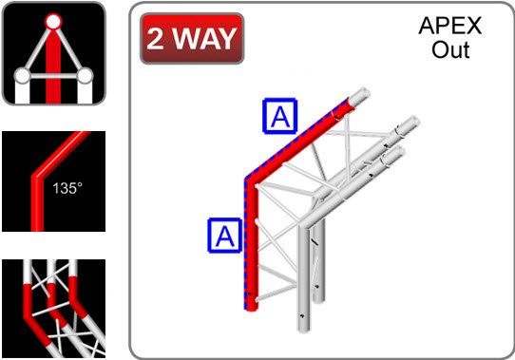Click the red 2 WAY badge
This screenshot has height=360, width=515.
[x=192, y=38]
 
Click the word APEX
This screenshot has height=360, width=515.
[x=450, y=26]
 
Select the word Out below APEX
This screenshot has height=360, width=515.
[x=450, y=50]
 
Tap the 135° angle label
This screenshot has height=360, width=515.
[x=67, y=188]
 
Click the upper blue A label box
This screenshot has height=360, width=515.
[x=280, y=116]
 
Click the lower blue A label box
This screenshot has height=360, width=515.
[x=225, y=236]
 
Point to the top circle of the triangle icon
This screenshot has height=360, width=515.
[x=53, y=22]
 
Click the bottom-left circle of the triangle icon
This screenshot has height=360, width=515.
[x=23, y=76]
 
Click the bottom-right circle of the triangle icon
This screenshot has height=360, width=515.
[x=86, y=76]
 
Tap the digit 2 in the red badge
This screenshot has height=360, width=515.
[x=155, y=39]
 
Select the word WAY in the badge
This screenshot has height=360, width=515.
[x=204, y=39]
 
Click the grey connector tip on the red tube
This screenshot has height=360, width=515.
[x=359, y=97]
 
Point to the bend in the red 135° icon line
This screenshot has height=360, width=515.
[x=37, y=176]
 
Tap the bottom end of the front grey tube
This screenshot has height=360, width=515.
[x=304, y=329]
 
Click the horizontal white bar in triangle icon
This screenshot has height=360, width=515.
[x=54, y=77]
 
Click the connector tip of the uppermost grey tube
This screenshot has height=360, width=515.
[x=409, y=124]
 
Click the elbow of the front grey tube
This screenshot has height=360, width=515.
[x=304, y=225]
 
